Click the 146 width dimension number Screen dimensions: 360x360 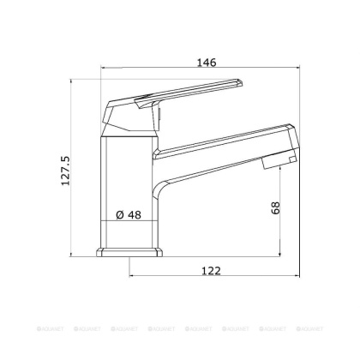[205, 62]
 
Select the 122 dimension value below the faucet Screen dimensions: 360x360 [213, 270]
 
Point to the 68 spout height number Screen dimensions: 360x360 [275, 209]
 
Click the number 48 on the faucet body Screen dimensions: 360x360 [134, 215]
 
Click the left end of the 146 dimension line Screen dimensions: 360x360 [100, 69]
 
